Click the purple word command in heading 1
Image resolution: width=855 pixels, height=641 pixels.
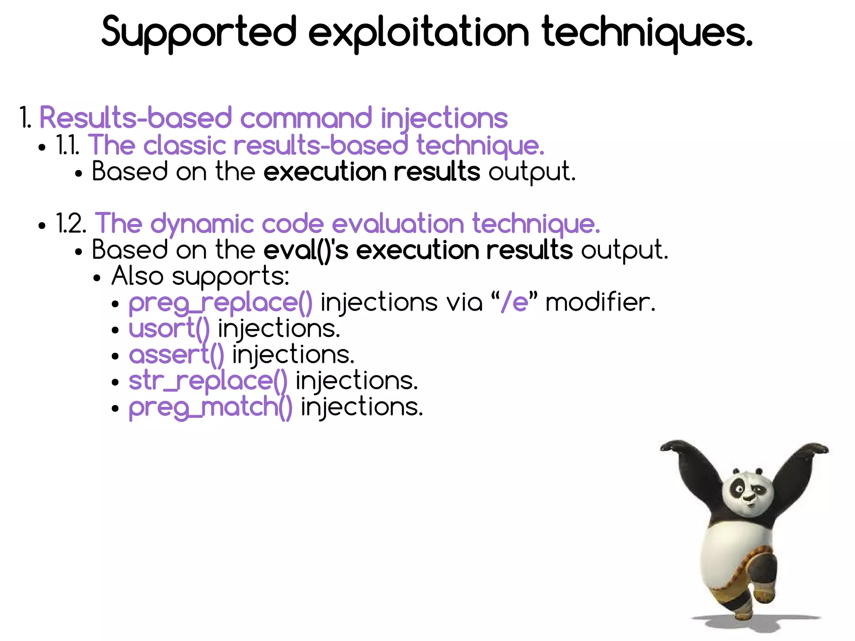[306, 118]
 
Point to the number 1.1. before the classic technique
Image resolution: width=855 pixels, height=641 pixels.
[68, 145]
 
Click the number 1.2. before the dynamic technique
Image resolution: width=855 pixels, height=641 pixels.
[71, 224]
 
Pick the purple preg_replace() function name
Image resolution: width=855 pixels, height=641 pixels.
[220, 302]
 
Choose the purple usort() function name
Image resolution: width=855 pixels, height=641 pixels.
[169, 329]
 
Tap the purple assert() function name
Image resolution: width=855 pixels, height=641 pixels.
[176, 355]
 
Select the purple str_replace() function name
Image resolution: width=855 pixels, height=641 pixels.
[208, 381]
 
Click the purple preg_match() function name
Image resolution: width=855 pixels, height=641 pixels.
[210, 407]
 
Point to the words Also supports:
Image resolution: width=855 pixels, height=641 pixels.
[200, 276]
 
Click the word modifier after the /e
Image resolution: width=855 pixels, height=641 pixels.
[600, 302]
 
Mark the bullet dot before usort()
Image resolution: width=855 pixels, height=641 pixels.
[116, 330]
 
